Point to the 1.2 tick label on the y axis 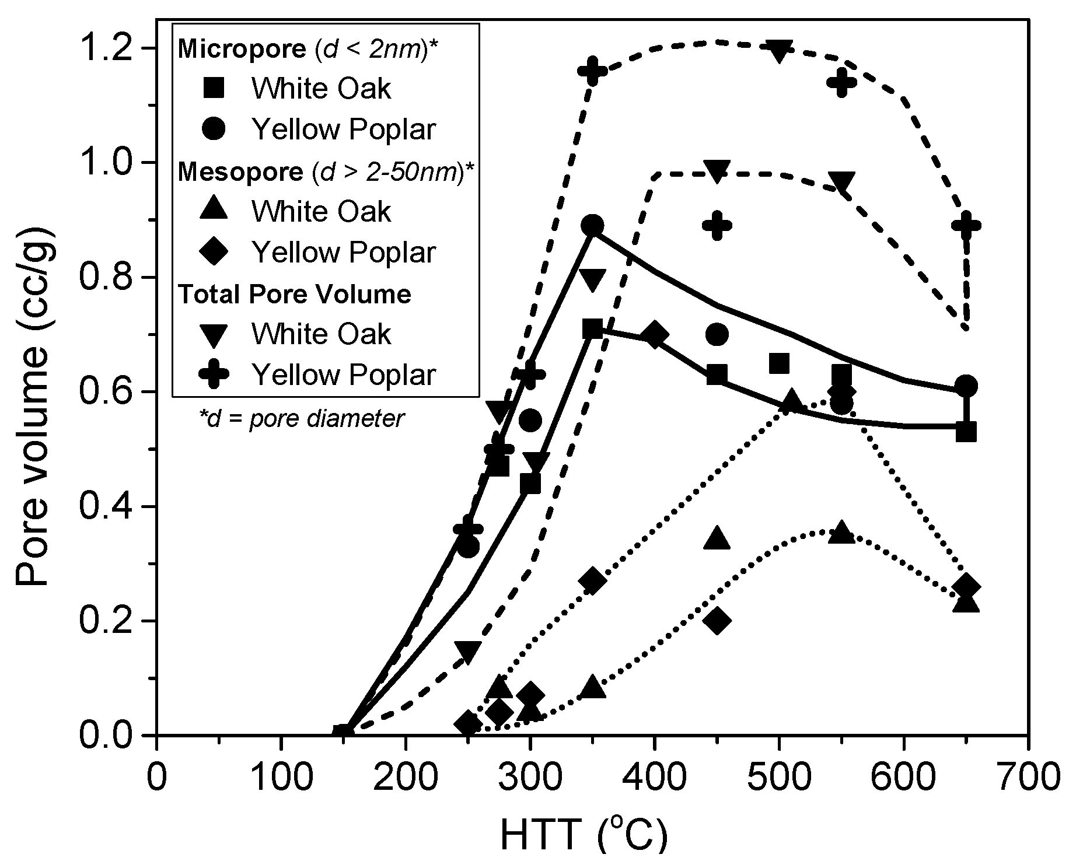click(113, 48)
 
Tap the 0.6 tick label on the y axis click(113, 392)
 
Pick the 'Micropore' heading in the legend click(242, 50)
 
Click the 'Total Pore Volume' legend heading click(295, 294)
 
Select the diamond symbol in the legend click(214, 253)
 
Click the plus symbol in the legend click(214, 374)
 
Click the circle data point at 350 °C click(593, 226)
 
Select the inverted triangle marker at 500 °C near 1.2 click(779, 51)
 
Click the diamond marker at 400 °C click(655, 335)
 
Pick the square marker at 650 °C click(966, 432)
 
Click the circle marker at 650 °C click(966, 386)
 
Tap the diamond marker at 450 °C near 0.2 click(717, 621)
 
